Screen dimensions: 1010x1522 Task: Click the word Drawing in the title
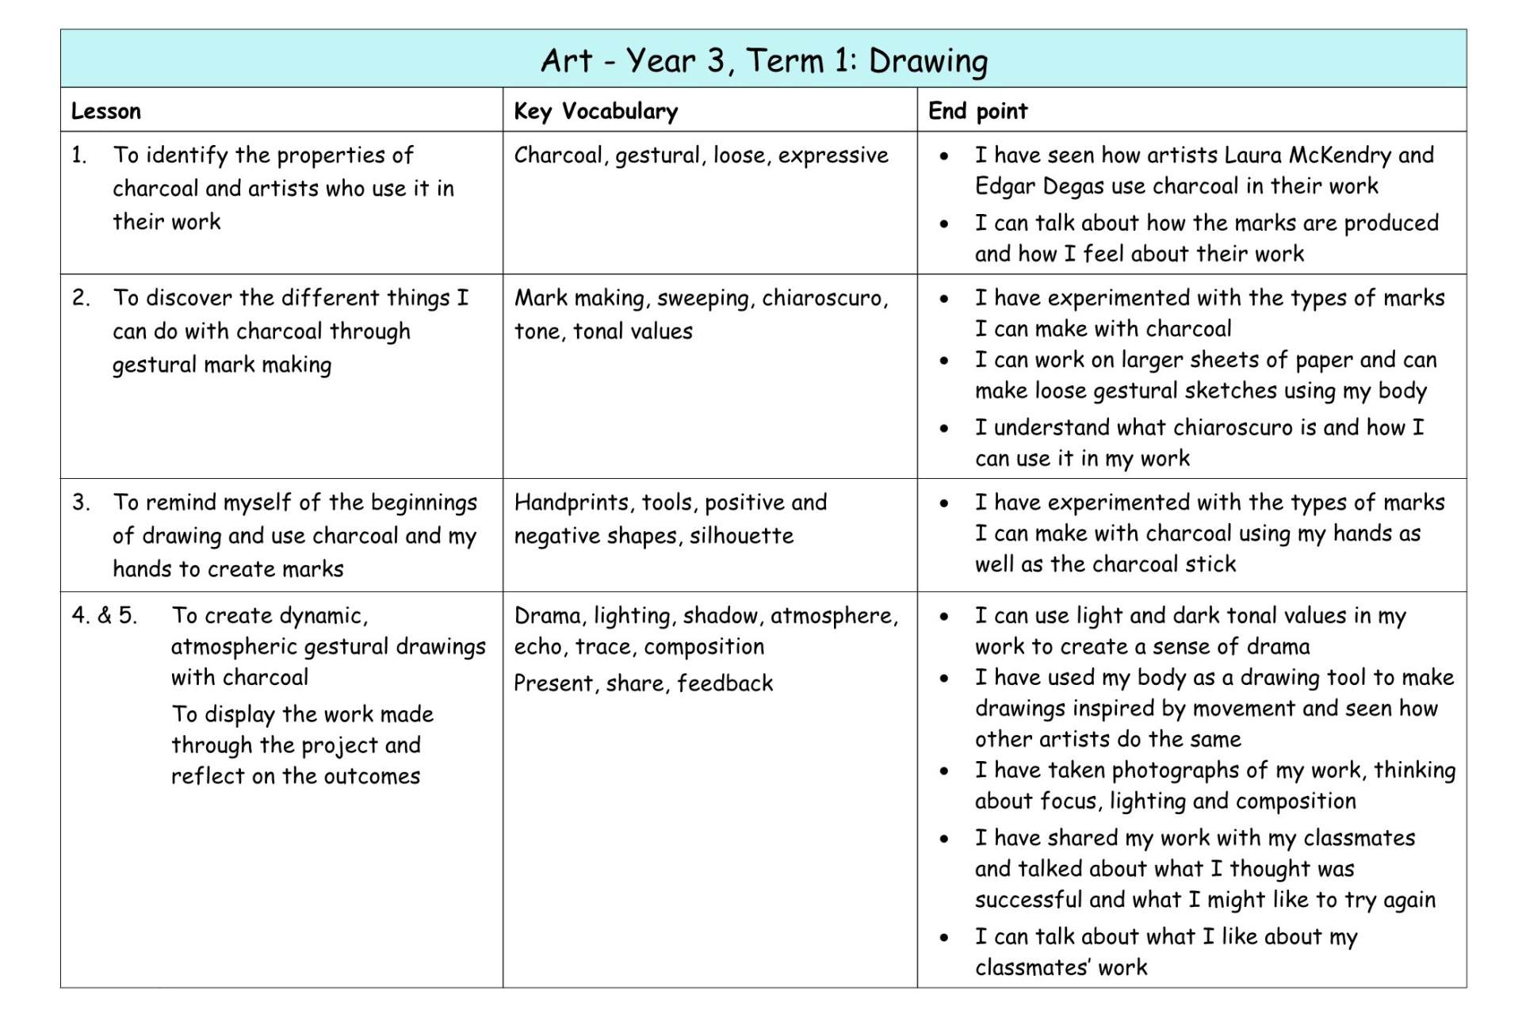[x=928, y=61]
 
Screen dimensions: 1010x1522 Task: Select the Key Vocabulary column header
[x=595, y=111]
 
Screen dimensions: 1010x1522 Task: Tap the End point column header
[x=977, y=111]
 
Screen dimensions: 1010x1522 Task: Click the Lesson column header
[x=106, y=111]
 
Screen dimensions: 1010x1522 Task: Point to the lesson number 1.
[x=78, y=155]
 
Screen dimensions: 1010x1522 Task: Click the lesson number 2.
[x=81, y=298]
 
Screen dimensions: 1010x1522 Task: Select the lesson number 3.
[x=81, y=503]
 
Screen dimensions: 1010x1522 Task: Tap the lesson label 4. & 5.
[x=104, y=615]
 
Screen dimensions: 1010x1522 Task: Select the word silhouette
[x=741, y=536]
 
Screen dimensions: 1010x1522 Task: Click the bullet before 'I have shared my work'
[x=943, y=839]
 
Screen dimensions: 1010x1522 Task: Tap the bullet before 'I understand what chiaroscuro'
[x=943, y=429]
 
